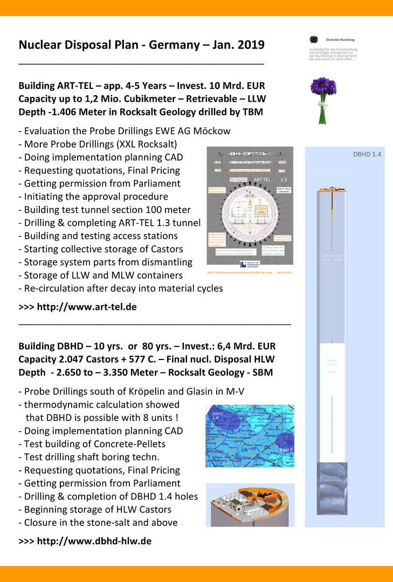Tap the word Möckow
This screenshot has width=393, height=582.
click(x=211, y=131)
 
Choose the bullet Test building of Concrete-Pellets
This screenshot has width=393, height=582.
click(x=92, y=444)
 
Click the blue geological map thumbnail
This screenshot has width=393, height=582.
click(x=250, y=435)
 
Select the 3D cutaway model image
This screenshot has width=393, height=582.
click(x=250, y=504)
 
